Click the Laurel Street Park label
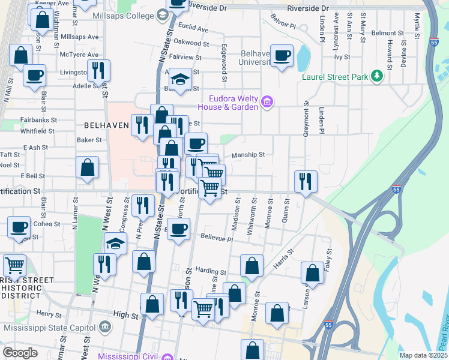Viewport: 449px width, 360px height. click(335, 77)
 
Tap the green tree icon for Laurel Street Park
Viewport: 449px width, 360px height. click(376, 76)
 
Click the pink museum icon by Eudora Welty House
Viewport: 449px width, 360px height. click(268, 104)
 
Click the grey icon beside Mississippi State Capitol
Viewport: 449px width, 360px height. click(106, 327)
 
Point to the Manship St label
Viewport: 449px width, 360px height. click(248, 154)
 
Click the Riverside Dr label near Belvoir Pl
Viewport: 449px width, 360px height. click(309, 9)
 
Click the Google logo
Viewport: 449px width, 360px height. click(20, 352)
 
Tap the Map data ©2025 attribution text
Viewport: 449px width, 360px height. click(423, 355)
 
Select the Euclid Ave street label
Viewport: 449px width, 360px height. click(193, 28)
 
